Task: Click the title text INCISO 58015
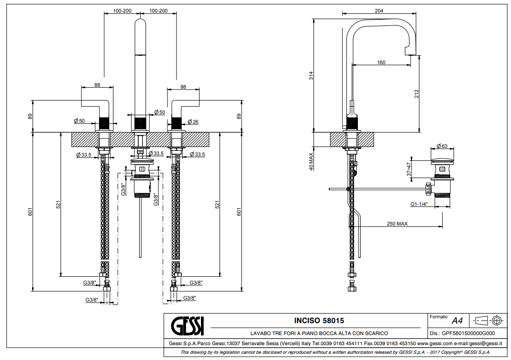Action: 319,321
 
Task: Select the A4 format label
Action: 457,321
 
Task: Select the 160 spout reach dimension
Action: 381,62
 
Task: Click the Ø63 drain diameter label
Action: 442,146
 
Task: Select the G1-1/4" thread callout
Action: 419,204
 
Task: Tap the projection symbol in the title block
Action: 489,320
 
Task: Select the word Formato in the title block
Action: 438,317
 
